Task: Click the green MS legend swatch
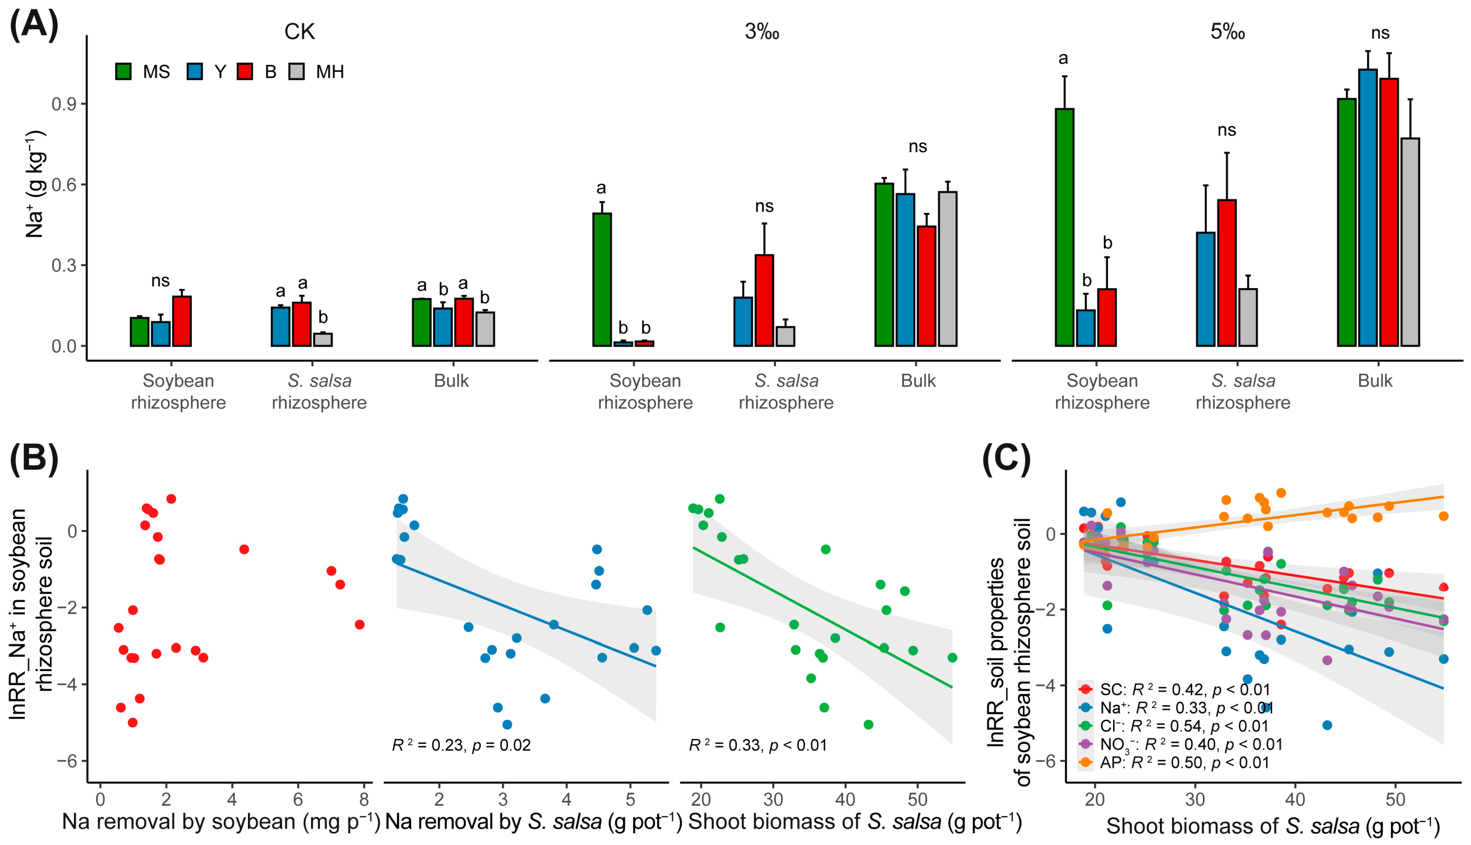(123, 72)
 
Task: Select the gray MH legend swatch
(297, 72)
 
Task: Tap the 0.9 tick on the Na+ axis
(64, 104)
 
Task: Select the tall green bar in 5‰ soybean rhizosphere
(1065, 226)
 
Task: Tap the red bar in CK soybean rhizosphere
(182, 321)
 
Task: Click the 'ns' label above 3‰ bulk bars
(917, 146)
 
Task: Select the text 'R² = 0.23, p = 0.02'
(461, 745)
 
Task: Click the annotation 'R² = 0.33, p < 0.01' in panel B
(757, 745)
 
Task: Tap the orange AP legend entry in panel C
(1173, 762)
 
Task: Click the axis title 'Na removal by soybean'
(221, 822)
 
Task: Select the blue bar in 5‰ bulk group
(1368, 207)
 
